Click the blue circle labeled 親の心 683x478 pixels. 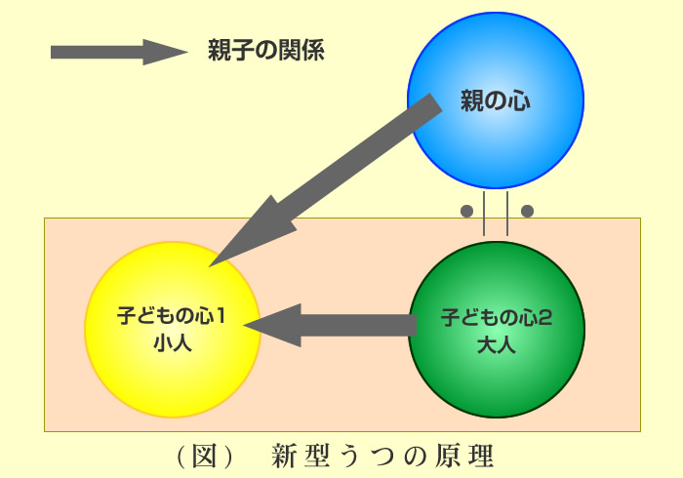point(496,100)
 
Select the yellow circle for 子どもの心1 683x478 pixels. point(173,330)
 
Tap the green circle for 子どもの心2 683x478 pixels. point(497,330)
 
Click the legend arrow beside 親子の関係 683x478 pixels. point(119,53)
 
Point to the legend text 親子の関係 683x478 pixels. point(266,50)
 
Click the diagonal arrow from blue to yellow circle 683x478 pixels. point(325,179)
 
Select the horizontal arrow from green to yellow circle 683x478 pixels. point(330,325)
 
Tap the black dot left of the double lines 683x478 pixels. point(466,211)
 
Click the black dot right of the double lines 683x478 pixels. point(527,211)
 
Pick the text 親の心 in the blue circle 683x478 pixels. point(496,100)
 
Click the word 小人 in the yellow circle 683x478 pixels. point(173,343)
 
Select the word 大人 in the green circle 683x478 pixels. point(497,344)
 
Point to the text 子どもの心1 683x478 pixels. point(171,316)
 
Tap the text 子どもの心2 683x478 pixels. point(497,317)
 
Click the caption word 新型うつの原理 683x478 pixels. point(382,457)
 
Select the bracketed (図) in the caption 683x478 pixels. point(204,457)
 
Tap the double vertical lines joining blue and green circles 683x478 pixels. point(496,214)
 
